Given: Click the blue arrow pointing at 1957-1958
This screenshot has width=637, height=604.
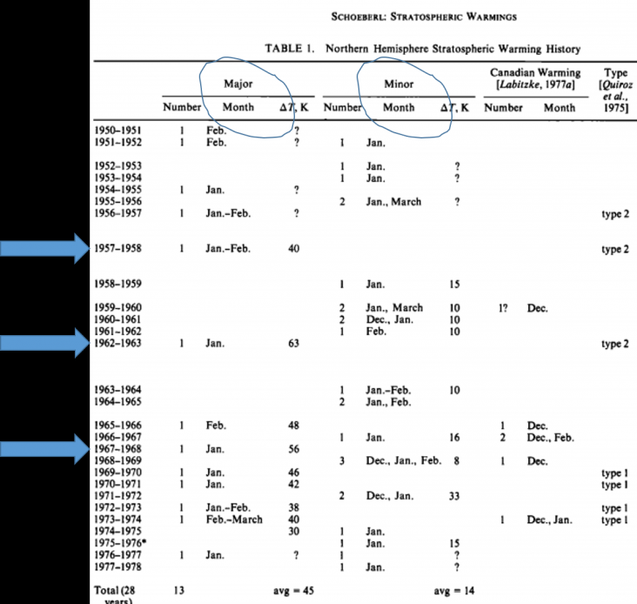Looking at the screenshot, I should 44,249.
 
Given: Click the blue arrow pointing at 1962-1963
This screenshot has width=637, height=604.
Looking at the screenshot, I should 44,343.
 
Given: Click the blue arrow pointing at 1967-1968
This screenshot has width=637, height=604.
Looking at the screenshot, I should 44,448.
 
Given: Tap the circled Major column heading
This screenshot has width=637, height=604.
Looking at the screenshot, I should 238,84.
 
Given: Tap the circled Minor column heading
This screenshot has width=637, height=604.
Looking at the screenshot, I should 399,84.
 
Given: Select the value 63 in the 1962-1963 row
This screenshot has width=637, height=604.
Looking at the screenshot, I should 294,343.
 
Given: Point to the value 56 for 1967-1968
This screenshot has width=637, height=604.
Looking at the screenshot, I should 294,448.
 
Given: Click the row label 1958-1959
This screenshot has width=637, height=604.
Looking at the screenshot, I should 117,284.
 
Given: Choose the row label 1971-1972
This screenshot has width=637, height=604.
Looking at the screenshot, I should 117,495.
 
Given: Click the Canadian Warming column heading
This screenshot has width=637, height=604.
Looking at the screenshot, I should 534,79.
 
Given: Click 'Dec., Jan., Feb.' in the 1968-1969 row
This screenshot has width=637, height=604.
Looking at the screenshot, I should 403,460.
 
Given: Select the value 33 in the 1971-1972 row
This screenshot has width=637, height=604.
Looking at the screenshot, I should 455,495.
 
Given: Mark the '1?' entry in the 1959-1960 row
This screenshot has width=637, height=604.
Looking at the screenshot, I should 503,307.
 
